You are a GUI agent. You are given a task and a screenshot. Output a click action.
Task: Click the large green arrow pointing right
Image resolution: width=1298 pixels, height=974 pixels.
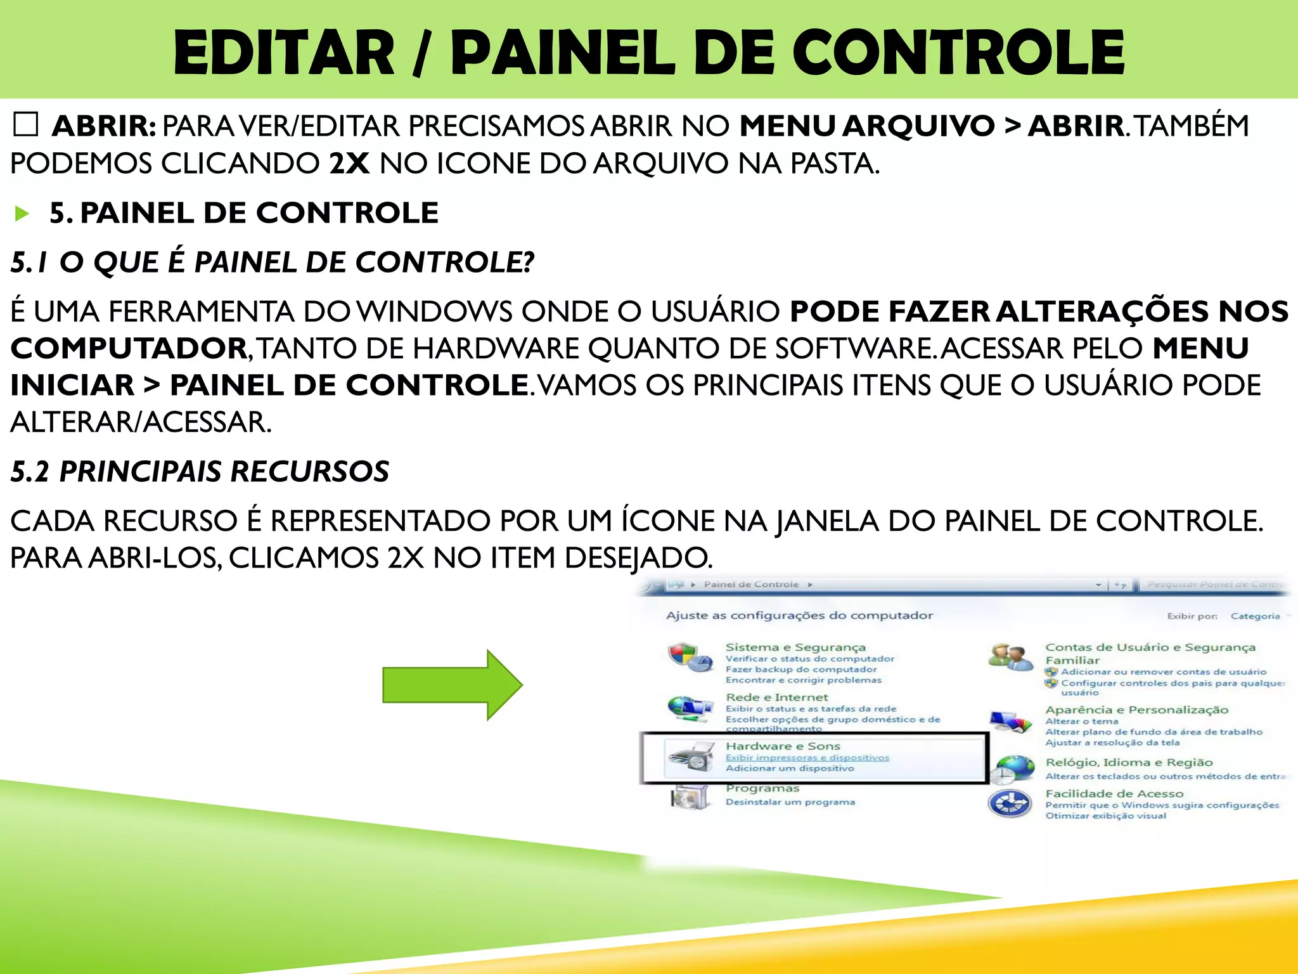click(x=451, y=685)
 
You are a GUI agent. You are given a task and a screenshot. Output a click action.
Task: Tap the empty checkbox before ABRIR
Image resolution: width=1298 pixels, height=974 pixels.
click(x=26, y=125)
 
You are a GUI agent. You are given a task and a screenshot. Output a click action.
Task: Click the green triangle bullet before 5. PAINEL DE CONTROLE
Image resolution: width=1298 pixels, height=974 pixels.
click(x=22, y=214)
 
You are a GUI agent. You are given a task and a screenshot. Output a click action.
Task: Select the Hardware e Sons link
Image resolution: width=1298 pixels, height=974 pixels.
click(x=783, y=746)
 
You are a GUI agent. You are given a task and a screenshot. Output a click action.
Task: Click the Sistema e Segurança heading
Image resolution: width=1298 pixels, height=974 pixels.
click(x=795, y=647)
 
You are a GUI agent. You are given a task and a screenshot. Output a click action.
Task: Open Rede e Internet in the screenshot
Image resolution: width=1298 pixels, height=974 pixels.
click(x=777, y=697)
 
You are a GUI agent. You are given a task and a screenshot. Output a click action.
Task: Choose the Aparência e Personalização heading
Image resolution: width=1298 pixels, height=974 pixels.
click(x=1136, y=710)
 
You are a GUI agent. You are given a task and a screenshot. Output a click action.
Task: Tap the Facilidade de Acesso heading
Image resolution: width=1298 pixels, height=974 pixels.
click(x=1114, y=793)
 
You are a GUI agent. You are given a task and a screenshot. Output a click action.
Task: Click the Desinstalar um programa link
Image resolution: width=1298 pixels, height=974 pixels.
click(x=790, y=802)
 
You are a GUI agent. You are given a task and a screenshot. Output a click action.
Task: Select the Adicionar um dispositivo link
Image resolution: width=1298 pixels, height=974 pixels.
click(x=790, y=769)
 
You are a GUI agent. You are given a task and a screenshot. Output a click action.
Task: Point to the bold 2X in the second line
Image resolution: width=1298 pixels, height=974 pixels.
click(x=349, y=164)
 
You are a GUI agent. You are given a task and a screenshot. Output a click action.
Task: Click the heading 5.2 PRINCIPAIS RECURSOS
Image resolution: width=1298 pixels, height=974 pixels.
click(x=200, y=471)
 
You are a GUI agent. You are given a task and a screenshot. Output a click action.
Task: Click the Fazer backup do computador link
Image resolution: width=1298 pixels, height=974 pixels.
click(x=801, y=670)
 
